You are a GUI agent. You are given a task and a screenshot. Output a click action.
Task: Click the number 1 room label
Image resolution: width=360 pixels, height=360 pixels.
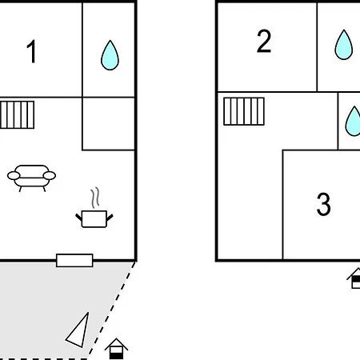pyautogui.click(x=32, y=51)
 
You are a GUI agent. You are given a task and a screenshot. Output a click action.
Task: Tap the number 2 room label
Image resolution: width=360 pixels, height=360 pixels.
pyautogui.click(x=264, y=41)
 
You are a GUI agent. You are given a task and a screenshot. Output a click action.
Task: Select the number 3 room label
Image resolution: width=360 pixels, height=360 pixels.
pyautogui.click(x=323, y=204)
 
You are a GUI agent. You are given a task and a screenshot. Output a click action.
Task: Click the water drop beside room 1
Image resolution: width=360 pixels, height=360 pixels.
pyautogui.click(x=110, y=55)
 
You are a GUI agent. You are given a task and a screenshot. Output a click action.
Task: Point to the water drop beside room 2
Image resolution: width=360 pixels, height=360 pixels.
pyautogui.click(x=344, y=45)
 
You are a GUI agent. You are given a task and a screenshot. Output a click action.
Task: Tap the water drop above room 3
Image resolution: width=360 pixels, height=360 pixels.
pyautogui.click(x=353, y=122)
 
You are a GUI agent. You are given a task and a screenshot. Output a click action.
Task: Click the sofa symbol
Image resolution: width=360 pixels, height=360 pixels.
pyautogui.click(x=31, y=178)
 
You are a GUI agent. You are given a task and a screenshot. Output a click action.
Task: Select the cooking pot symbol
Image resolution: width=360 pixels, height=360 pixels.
pyautogui.click(x=94, y=219)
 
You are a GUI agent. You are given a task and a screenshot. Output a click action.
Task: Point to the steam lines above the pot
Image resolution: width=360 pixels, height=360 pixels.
pyautogui.click(x=95, y=198)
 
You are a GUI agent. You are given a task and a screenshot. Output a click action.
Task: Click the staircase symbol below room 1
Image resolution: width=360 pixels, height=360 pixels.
pyautogui.click(x=17, y=114)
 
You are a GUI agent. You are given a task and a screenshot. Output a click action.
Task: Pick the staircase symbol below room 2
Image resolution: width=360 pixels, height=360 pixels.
pyautogui.click(x=244, y=111)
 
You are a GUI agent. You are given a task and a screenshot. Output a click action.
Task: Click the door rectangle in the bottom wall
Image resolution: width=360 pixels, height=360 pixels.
pyautogui.click(x=74, y=260)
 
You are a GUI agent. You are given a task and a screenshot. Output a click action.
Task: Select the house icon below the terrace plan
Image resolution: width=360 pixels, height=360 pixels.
pyautogui.click(x=116, y=349)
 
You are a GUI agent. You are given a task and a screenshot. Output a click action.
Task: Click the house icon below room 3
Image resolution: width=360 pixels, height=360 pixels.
pyautogui.click(x=354, y=278)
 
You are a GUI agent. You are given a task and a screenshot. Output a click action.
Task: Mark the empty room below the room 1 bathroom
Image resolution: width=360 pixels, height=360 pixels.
pyautogui.click(x=109, y=124)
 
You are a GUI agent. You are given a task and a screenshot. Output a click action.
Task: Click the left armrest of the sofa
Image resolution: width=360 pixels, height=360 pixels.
pyautogui.click(x=14, y=176)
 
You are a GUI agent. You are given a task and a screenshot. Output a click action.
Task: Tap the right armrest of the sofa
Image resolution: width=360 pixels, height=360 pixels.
pyautogui.click(x=50, y=176)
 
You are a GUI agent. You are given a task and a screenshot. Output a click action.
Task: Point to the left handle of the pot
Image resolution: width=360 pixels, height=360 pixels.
pyautogui.click(x=78, y=217)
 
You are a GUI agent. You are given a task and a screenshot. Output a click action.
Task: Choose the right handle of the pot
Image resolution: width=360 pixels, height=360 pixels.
pyautogui.click(x=110, y=218)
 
